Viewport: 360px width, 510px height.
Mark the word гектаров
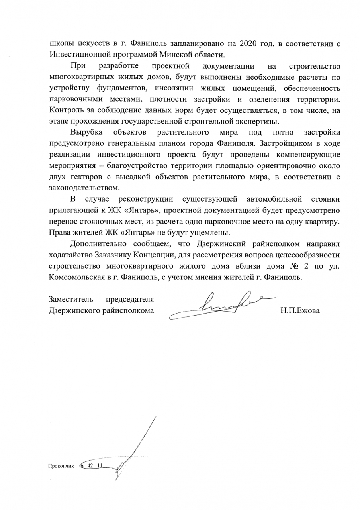pyautogui.click(x=88, y=176)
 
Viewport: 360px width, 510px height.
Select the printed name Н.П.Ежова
pyautogui.click(x=300, y=311)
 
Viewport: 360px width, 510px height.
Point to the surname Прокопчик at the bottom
pyautogui.click(x=61, y=465)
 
